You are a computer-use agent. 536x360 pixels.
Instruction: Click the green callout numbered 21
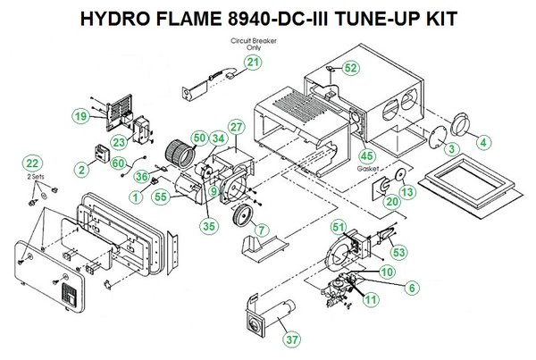click(255, 62)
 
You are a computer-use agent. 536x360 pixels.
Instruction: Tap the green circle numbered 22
click(33, 163)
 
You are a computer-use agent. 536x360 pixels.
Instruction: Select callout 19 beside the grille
click(81, 116)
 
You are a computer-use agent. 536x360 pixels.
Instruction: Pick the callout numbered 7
click(261, 230)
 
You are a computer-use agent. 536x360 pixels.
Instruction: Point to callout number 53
click(398, 253)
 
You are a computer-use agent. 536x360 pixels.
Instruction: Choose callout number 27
click(236, 129)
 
